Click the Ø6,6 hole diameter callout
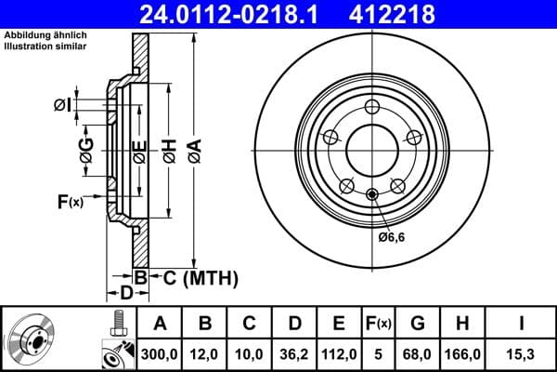393,237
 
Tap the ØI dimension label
62,104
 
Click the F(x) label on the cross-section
71,202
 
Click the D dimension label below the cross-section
124,295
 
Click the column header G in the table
417,324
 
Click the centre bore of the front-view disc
371,148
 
